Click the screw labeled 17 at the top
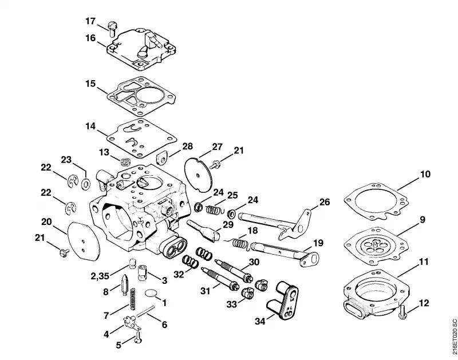112,29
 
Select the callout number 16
90,38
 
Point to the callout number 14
90,126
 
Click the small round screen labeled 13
125,162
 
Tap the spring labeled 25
214,209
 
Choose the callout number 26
325,202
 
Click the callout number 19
318,243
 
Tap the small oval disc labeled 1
151,292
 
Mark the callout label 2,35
100,276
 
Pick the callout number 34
260,321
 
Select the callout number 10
425,174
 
